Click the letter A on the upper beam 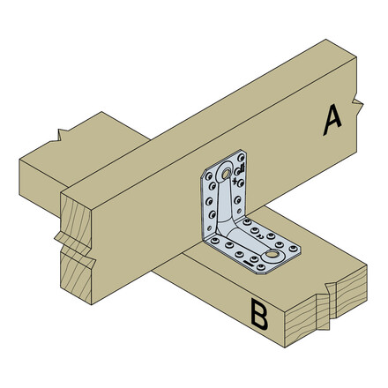click(x=331, y=120)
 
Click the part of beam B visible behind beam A click(x=97, y=145)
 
